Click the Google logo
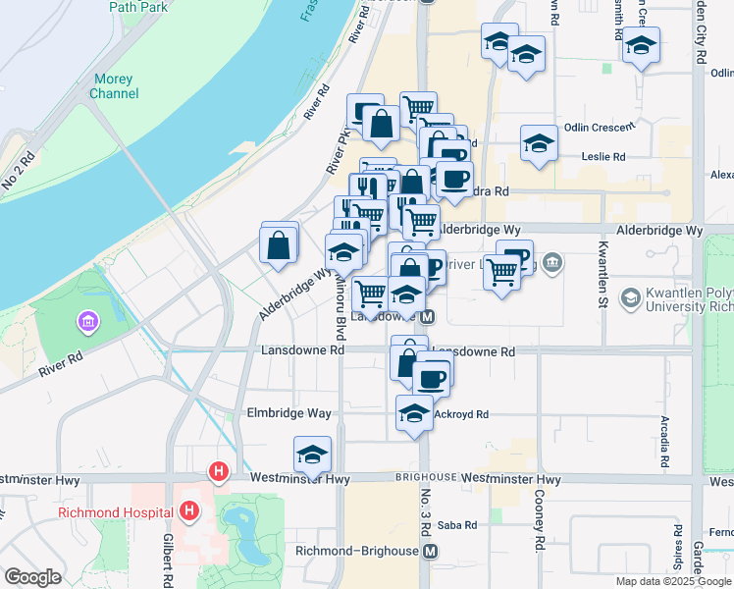tap(32, 577)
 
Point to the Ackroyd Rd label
tap(461, 414)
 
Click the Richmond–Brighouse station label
tap(356, 552)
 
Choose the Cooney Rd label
tap(539, 519)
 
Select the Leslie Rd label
tap(603, 156)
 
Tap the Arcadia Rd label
tap(665, 442)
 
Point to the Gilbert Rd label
tap(168, 560)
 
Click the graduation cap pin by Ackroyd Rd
tap(415, 413)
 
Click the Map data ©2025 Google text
tap(673, 581)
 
